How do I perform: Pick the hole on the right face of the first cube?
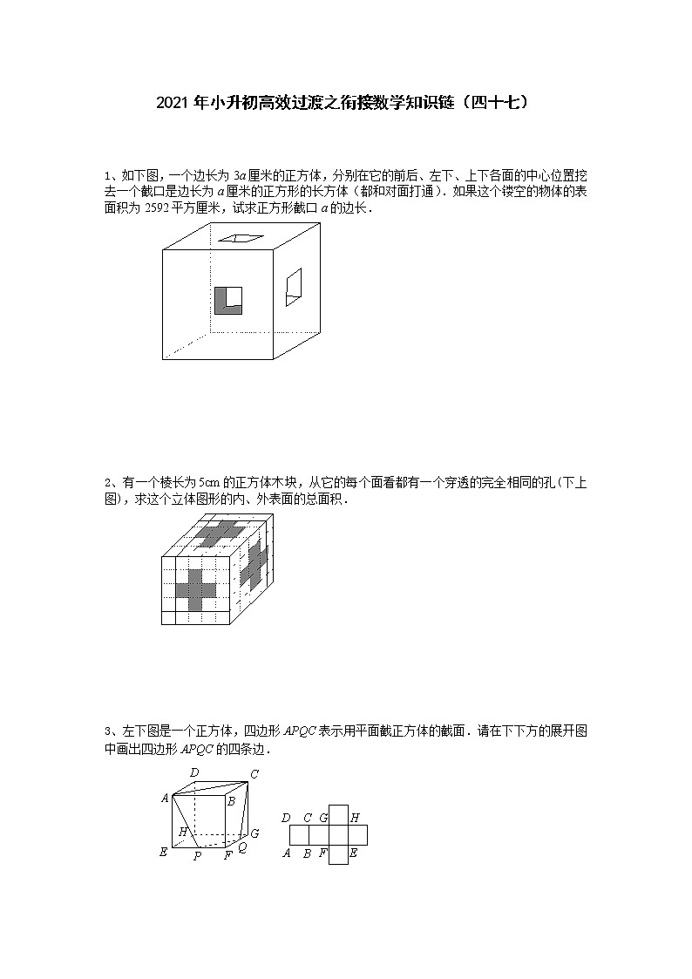[294, 287]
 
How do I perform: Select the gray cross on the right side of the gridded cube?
[255, 563]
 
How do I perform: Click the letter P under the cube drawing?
[198, 856]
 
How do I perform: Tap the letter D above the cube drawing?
[193, 772]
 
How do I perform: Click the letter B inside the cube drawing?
[231, 800]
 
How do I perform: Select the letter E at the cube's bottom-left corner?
[163, 852]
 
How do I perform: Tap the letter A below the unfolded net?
[286, 853]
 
